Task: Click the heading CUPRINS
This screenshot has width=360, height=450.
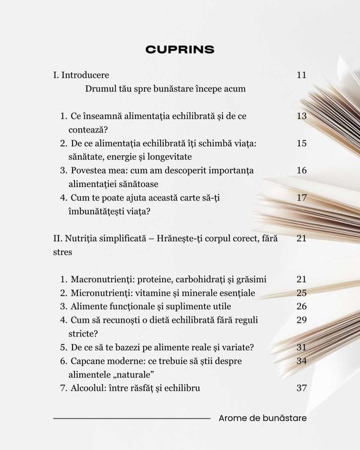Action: (x=180, y=50)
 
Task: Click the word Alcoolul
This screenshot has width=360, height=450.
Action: (x=89, y=388)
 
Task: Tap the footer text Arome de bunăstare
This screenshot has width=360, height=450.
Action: (x=262, y=418)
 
